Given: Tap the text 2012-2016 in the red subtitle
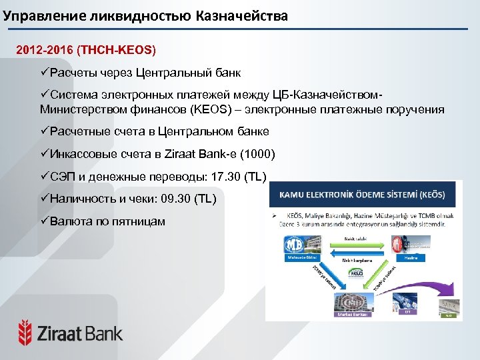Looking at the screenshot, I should point(45,50).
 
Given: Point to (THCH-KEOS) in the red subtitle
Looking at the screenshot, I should point(116,50).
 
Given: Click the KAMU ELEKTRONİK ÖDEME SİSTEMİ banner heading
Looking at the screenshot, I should point(363,195).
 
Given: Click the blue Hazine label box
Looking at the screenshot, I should point(410,257).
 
